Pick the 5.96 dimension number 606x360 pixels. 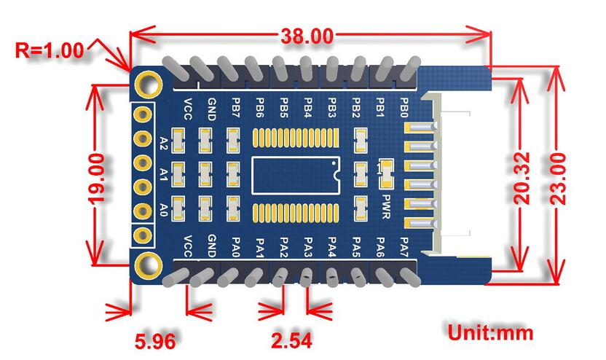[154, 340]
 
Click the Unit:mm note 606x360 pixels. [490, 333]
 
